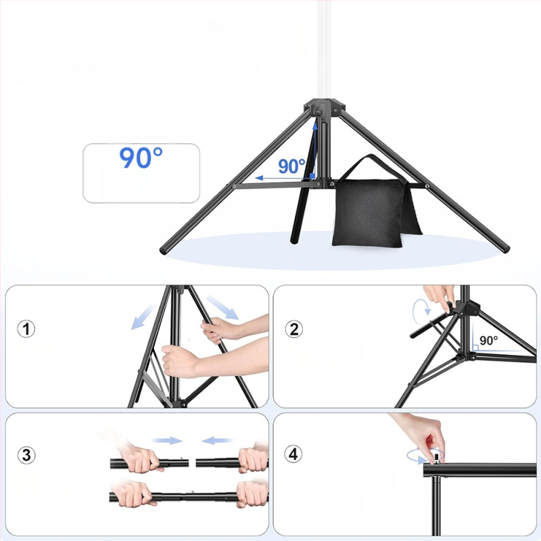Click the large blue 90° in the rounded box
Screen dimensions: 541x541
(141, 158)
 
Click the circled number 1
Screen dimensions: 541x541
(26, 329)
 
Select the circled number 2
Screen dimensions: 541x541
(293, 329)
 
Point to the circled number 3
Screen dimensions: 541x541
(26, 455)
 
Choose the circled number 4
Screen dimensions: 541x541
(293, 454)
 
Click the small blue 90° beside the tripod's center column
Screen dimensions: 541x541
(291, 166)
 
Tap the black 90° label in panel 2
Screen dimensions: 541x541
(488, 341)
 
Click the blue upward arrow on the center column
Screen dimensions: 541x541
(314, 150)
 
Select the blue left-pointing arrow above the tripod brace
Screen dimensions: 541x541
(283, 178)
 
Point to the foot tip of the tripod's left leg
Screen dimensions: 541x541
(163, 251)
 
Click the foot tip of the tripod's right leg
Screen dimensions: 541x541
(506, 248)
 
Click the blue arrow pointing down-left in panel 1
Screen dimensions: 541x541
(142, 317)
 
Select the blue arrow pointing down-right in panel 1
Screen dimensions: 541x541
(222, 308)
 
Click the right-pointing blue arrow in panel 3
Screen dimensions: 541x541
(167, 440)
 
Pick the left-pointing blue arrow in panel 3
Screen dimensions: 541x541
(216, 440)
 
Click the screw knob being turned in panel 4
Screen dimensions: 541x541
(436, 459)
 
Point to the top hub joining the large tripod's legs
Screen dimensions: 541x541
(324, 109)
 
